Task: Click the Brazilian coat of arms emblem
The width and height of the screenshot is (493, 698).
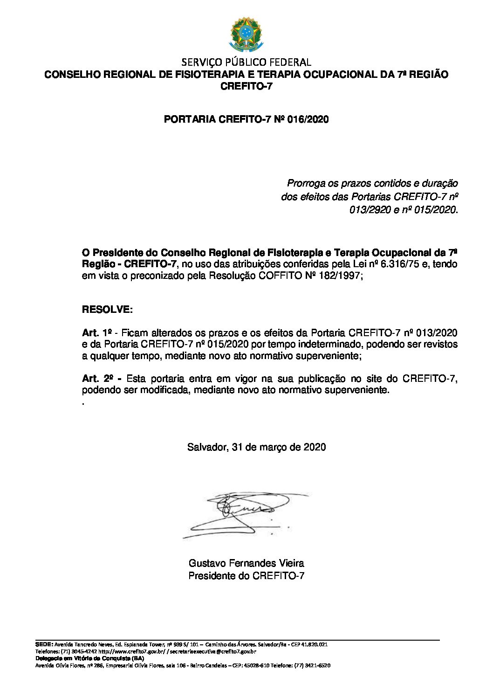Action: (x=246, y=35)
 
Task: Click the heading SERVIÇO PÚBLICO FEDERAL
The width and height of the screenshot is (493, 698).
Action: (x=246, y=62)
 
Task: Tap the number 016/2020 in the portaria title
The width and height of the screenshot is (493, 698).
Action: (x=308, y=119)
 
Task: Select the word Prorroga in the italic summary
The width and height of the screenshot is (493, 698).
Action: (x=305, y=183)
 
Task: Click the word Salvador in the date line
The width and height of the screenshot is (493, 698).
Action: (x=206, y=447)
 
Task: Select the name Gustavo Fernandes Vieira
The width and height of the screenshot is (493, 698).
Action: (x=246, y=563)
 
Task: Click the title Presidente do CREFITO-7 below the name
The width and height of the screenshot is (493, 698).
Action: (x=246, y=576)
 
